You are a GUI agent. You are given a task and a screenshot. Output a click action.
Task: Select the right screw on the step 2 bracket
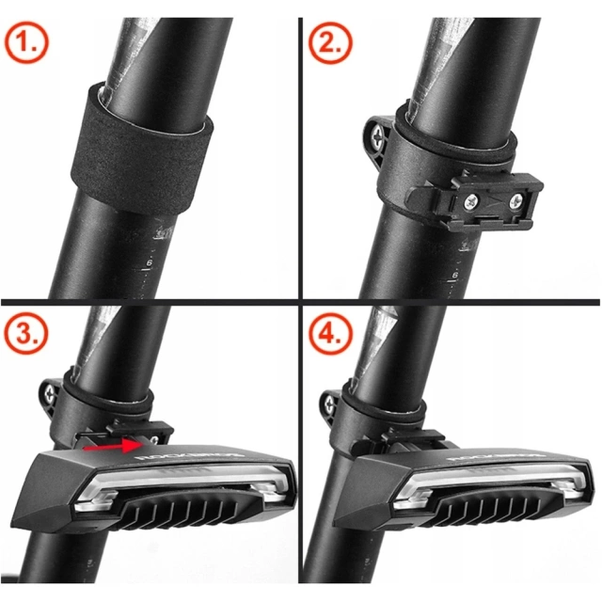tap(515, 200)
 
